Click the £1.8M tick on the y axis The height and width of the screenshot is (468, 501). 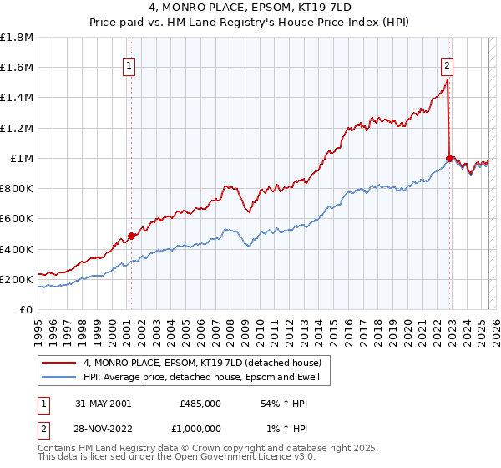[x=17, y=38]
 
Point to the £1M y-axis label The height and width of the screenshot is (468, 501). [x=21, y=158]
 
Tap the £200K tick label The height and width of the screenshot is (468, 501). [x=17, y=279]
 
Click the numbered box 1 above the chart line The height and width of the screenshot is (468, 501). [x=130, y=67]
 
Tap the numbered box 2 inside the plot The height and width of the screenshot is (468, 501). [x=448, y=67]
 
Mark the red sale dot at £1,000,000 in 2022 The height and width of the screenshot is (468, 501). [x=449, y=158]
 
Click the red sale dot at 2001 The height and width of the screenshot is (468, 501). [x=131, y=236]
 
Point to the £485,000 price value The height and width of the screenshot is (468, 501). [x=200, y=403]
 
